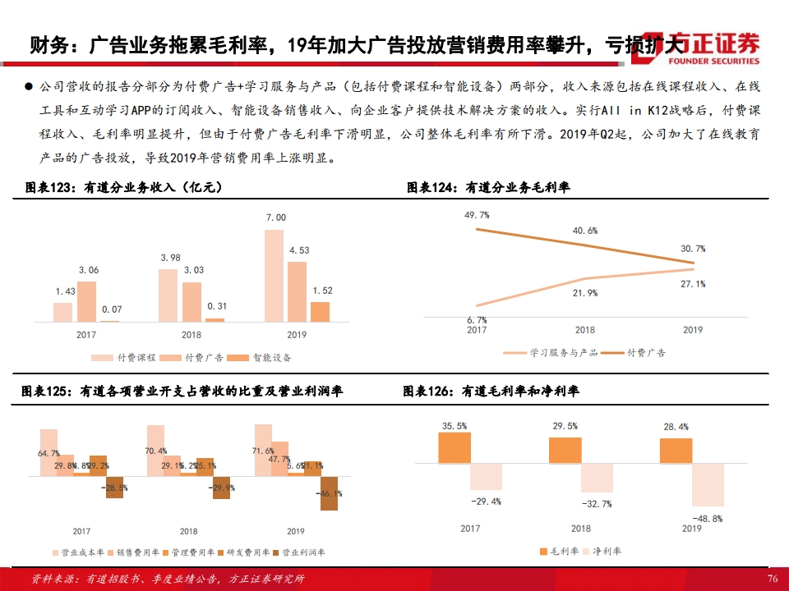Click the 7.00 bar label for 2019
coord(276,218)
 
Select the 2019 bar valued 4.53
coord(297,291)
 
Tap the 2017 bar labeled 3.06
coord(86,301)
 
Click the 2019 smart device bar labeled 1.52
coord(320,311)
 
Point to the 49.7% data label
coord(477,215)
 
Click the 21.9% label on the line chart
coord(585,293)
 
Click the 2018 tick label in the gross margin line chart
coord(584,330)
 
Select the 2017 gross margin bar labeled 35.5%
coord(454,447)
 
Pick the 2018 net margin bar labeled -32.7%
coord(597,479)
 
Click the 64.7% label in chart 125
coord(48,452)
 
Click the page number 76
coord(772,579)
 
